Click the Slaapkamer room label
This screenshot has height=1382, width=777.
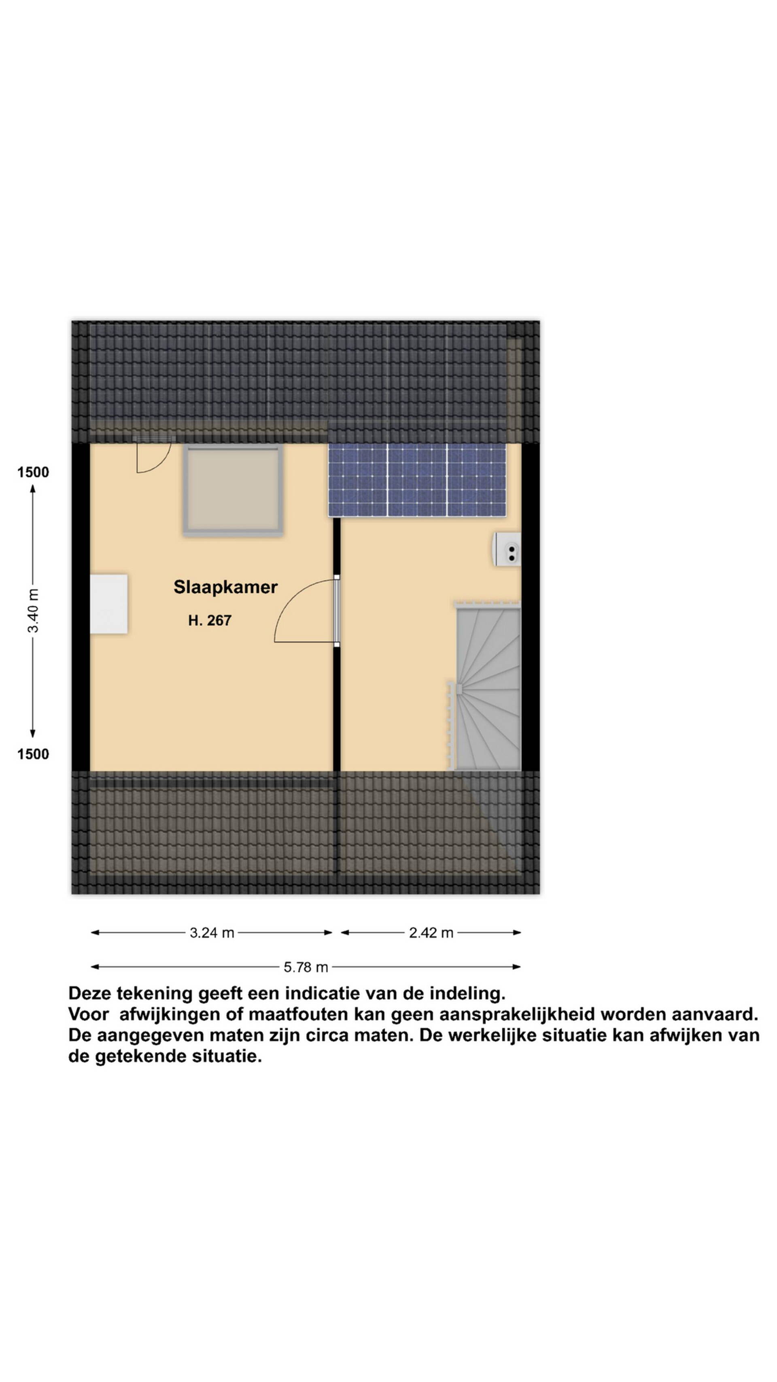click(x=225, y=587)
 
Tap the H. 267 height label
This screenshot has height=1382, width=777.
click(x=210, y=620)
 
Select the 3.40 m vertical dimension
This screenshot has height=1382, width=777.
click(x=33, y=611)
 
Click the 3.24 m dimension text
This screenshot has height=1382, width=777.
click(x=212, y=933)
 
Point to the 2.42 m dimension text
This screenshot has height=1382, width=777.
click(x=431, y=933)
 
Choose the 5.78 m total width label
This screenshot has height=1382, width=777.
click(x=306, y=967)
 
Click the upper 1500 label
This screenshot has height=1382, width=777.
click(x=33, y=472)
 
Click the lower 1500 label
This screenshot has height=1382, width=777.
click(x=33, y=754)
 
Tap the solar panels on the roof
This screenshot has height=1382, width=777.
click(x=417, y=480)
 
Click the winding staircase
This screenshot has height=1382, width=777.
click(x=487, y=687)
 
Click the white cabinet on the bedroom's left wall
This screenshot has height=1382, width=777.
click(x=109, y=604)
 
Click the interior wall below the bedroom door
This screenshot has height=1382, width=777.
click(x=337, y=708)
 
